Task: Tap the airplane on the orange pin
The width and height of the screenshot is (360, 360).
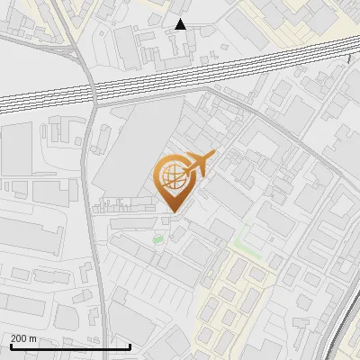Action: pos(197,165)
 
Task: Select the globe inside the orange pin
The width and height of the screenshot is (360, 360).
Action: pos(172,175)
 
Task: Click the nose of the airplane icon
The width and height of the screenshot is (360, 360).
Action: pos(214,154)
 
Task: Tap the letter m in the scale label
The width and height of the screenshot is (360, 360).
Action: pos(34,338)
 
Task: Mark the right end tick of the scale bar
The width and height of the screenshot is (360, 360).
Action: pos(128,346)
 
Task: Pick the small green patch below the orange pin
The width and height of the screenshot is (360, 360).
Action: pos(158,239)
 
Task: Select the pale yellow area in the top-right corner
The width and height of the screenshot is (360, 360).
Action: pos(297,13)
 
